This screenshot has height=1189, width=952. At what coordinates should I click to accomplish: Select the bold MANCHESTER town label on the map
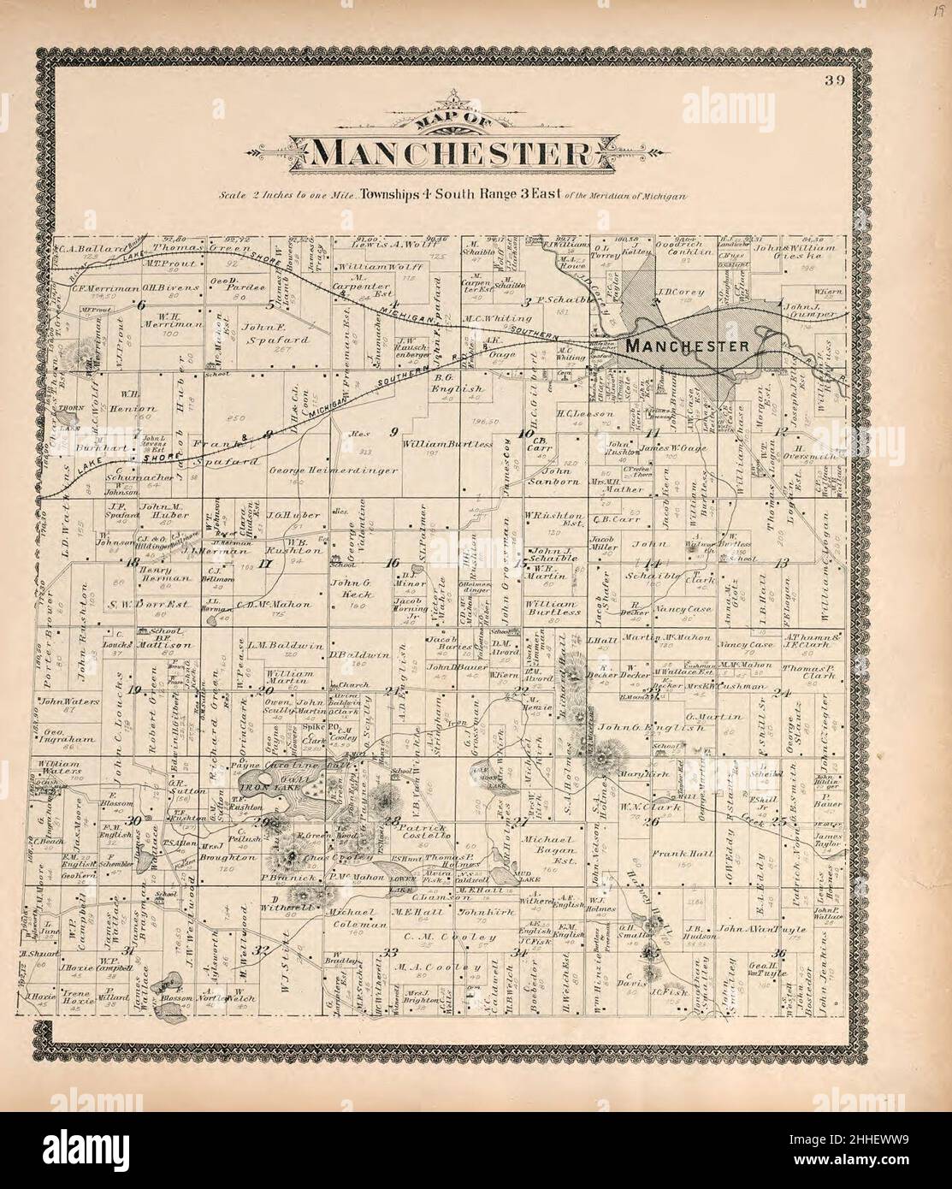tap(688, 346)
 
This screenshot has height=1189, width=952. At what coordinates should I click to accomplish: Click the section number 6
tap(141, 305)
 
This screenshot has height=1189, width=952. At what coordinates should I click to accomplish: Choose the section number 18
tap(132, 562)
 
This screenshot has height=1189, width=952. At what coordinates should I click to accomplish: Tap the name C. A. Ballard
tap(89, 252)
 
